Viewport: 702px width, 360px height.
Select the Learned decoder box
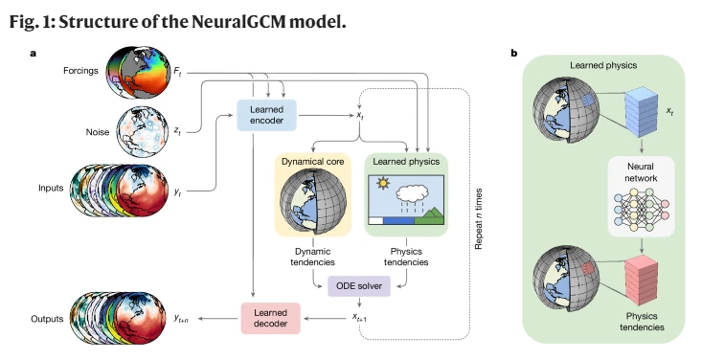click(270, 319)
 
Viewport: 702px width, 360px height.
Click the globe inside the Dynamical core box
click(309, 205)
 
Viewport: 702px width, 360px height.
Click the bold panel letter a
click(32, 54)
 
